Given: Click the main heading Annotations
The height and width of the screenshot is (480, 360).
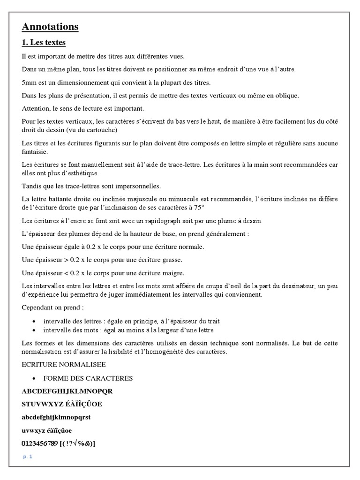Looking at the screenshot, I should point(50,27).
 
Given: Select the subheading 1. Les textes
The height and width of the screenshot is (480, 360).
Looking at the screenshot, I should point(44,43).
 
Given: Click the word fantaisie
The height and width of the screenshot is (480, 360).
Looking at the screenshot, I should point(36,152).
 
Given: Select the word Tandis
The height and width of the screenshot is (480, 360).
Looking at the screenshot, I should point(31,186).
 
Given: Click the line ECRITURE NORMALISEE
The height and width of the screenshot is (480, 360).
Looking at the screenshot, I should point(64,364).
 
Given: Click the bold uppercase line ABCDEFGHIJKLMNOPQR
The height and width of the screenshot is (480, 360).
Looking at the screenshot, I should point(67,391).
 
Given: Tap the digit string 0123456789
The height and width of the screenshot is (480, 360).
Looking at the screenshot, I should point(40,443).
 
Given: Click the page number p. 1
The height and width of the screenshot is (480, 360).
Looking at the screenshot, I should point(28,457).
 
